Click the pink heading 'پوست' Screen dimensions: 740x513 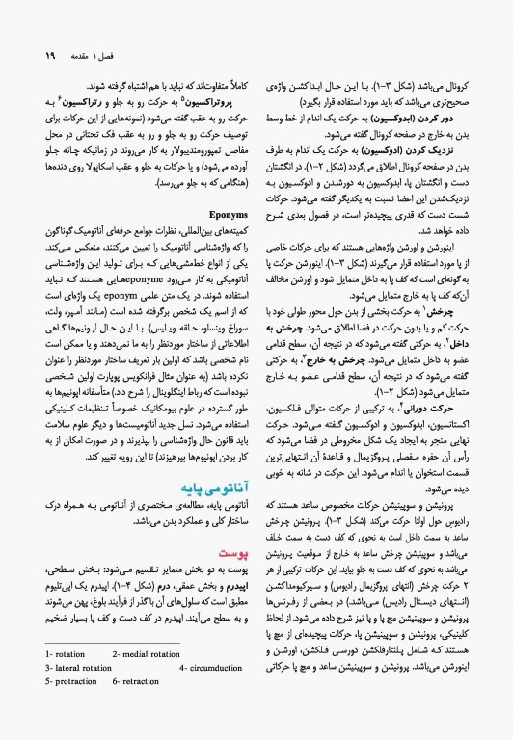(x=232, y=554)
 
